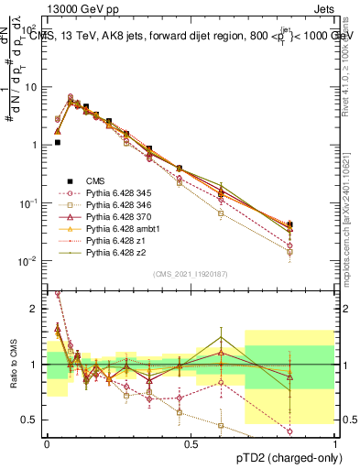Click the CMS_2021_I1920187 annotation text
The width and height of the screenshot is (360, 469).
pyautogui.click(x=191, y=274)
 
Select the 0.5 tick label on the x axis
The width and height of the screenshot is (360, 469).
pyautogui.click(x=191, y=442)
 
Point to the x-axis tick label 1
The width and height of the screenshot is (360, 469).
pyautogui.click(x=334, y=442)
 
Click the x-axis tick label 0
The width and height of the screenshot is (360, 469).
pyautogui.click(x=48, y=442)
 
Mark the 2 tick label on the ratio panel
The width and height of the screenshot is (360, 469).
pyautogui.click(x=34, y=309)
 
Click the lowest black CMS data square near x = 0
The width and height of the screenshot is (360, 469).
pyautogui.click(x=57, y=142)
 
